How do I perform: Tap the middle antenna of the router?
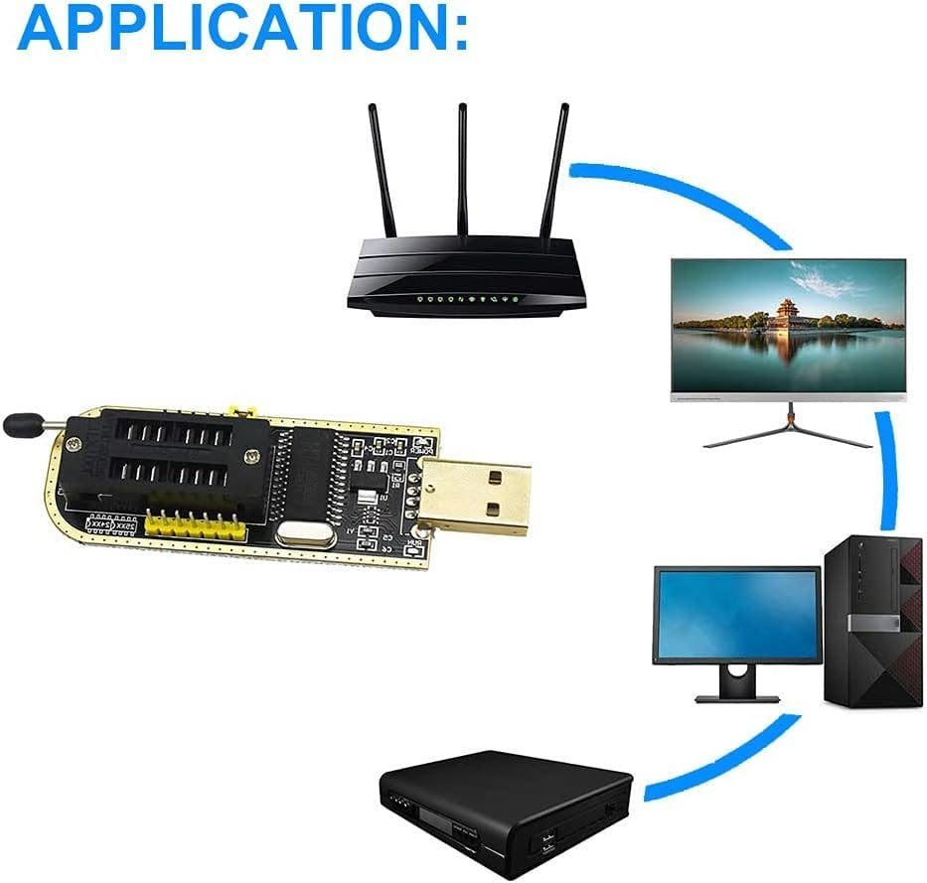463,169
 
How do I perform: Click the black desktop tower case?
875,620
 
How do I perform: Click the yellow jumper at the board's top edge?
238,409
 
